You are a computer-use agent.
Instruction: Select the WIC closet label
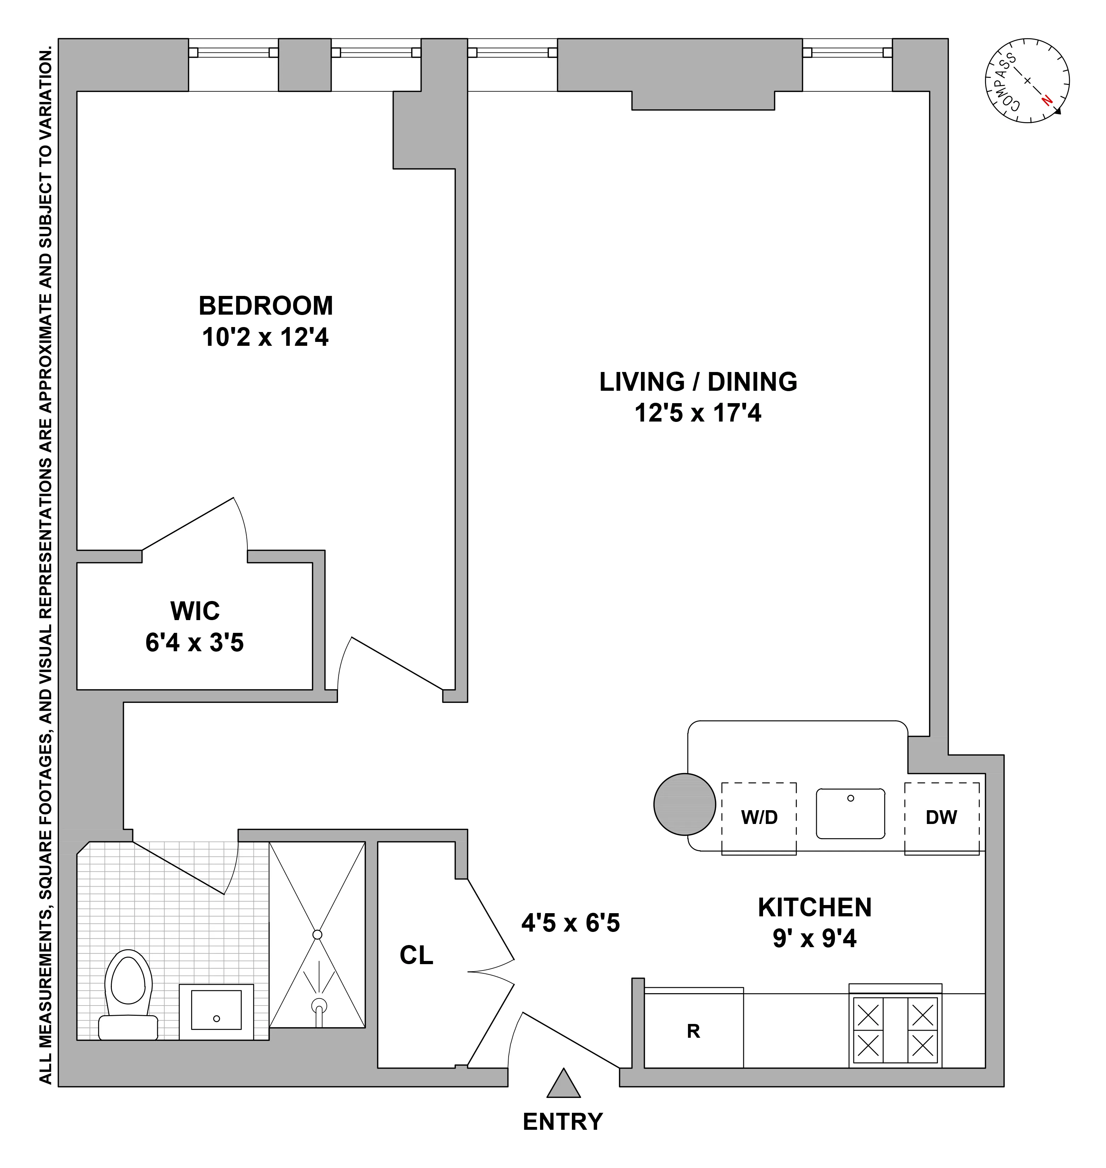[x=195, y=611]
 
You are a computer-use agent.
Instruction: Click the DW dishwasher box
[x=941, y=817]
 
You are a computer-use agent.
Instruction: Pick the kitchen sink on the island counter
[x=850, y=814]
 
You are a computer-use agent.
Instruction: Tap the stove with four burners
[x=895, y=1030]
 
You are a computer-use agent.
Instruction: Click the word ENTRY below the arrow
[x=563, y=1121]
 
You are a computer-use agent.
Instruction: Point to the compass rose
[x=1027, y=81]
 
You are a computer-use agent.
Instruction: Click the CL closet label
[x=416, y=956]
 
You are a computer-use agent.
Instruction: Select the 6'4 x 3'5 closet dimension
[x=195, y=643]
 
